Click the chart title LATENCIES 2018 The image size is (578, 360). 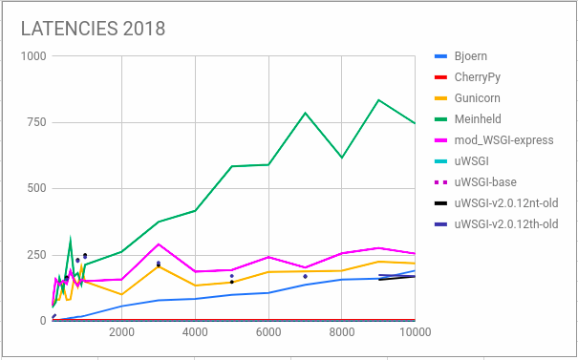93,29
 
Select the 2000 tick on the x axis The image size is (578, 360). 121,333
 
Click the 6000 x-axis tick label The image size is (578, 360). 268,333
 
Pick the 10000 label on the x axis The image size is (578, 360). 414,333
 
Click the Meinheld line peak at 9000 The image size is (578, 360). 379,100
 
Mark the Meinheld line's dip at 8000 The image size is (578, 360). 342,158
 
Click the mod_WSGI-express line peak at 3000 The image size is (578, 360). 159,244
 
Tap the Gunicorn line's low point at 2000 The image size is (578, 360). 121,294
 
